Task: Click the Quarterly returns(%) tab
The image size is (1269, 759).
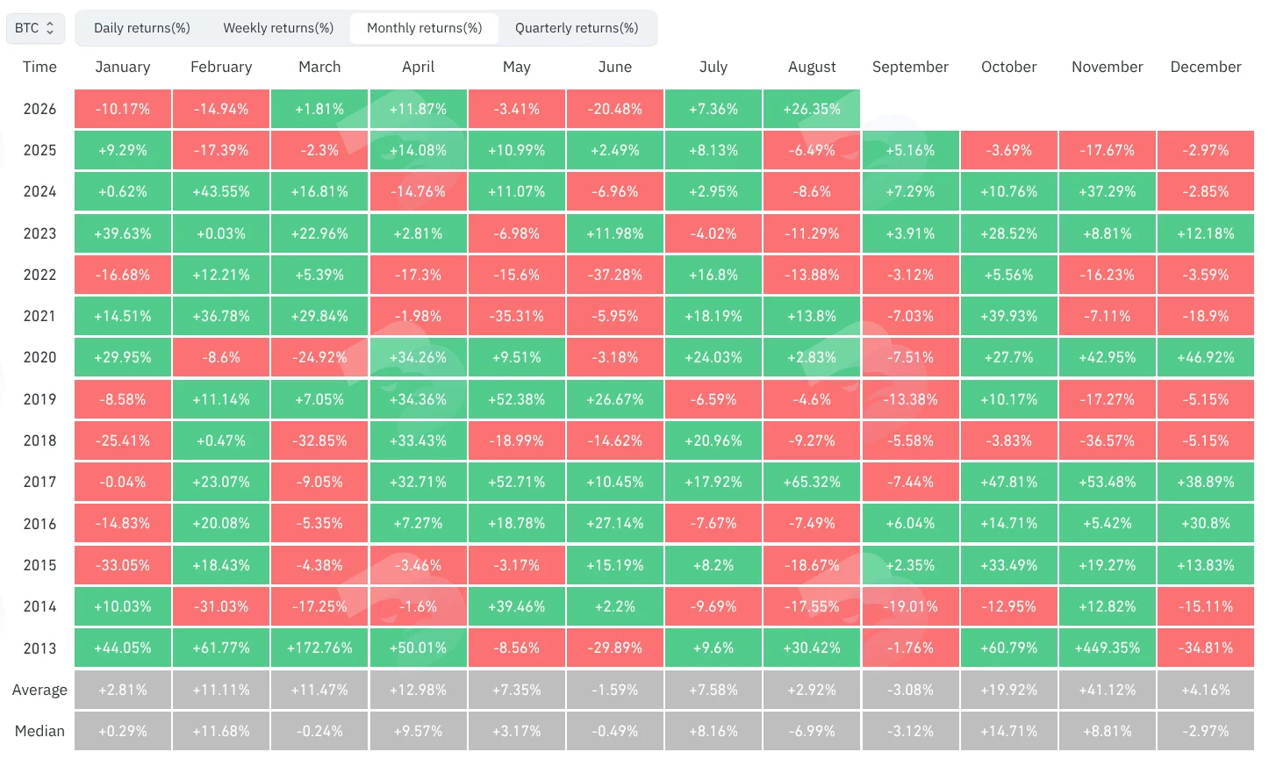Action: point(577,28)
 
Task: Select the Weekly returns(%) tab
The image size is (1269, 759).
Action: point(278,28)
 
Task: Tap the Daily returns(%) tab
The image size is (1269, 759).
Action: point(141,28)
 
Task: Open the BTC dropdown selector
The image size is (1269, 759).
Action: point(35,28)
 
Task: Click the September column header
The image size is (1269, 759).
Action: point(910,67)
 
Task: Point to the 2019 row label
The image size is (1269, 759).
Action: point(39,399)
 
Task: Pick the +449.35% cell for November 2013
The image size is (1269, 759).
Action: point(1107,648)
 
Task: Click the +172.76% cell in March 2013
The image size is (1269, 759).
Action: point(319,648)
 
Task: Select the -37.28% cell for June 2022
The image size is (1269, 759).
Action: point(614,275)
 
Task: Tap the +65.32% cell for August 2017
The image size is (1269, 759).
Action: point(811,482)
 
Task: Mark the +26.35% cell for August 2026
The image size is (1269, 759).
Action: point(811,109)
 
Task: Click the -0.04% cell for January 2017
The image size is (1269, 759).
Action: point(122,482)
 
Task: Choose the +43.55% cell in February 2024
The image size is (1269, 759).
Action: point(221,191)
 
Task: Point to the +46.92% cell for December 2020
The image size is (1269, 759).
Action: point(1206,357)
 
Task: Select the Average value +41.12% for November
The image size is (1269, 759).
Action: point(1107,690)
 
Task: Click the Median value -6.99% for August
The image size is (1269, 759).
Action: point(811,731)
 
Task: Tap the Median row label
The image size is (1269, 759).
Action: point(39,731)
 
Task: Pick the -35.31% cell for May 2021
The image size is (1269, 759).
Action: point(517,316)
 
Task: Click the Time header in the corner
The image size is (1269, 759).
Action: point(39,67)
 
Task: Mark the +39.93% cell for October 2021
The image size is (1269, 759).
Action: point(1008,316)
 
